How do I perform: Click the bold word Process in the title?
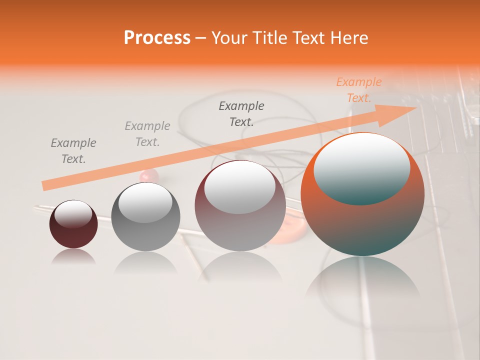tap(157, 38)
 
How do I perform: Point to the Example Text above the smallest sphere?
tap(73, 151)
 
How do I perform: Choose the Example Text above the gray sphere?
tap(147, 134)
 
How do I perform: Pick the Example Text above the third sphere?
tap(241, 114)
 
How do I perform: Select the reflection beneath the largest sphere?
tap(363, 280)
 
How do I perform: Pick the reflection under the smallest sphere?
tap(73, 257)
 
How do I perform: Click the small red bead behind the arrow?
tap(148, 175)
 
